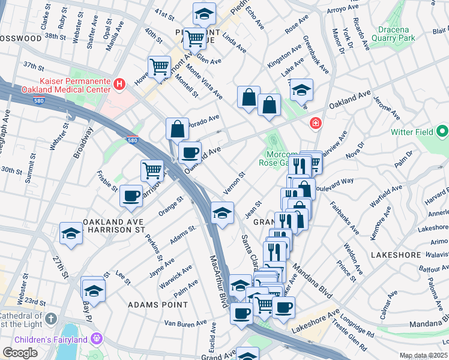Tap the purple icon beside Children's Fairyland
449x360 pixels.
click(x=95, y=340)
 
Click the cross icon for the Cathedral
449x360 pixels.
click(x=51, y=318)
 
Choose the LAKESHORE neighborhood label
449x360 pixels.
click(x=397, y=255)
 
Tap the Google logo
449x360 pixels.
click(x=20, y=353)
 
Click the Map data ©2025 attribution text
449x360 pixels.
click(x=424, y=356)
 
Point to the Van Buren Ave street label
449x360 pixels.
click(x=185, y=323)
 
